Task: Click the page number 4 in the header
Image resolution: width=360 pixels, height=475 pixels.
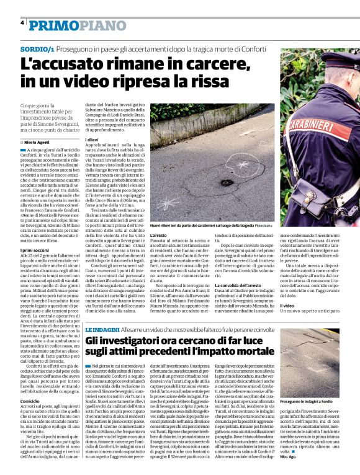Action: click(22, 23)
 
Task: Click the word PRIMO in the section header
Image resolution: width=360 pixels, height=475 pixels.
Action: click(54, 25)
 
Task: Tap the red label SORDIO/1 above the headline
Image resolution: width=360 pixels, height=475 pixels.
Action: click(35, 48)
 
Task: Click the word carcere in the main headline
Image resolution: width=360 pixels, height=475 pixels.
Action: click(204, 64)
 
